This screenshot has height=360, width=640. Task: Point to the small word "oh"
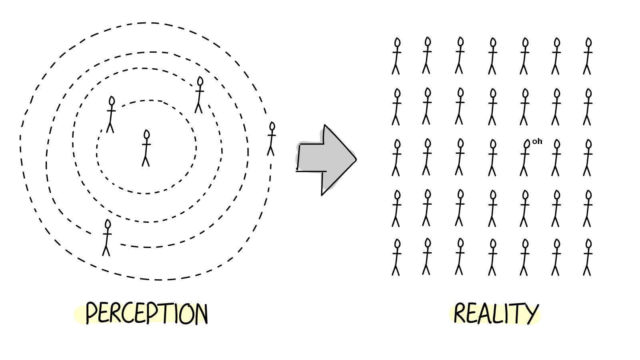[x=537, y=141]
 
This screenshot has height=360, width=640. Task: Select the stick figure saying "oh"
[x=524, y=158]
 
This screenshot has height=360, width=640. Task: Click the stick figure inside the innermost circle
[x=146, y=148]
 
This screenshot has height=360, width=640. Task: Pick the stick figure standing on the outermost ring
[x=272, y=139]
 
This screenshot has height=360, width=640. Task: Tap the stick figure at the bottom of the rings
[x=106, y=238]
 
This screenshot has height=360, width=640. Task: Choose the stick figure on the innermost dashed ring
[x=111, y=114]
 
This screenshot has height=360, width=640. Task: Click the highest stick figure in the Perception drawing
[x=199, y=95]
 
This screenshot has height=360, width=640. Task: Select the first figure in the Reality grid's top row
[x=396, y=56]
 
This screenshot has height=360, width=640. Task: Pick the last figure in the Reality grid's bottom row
[x=588, y=257]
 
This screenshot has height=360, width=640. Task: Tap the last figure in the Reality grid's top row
[x=588, y=56]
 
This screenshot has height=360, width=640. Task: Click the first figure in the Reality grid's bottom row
[x=396, y=257]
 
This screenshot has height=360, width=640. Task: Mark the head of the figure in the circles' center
[x=146, y=135]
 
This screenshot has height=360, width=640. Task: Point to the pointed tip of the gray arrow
[x=355, y=159]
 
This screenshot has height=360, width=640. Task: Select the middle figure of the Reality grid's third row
[x=492, y=158]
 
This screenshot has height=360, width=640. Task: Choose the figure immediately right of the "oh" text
[x=556, y=158]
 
